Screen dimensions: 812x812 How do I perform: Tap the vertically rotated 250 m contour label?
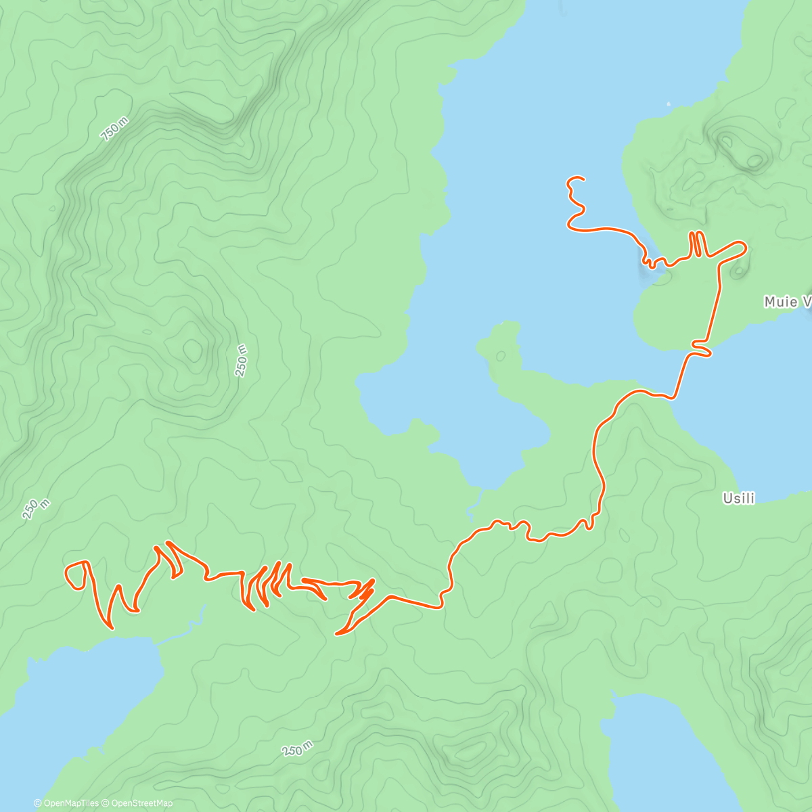[242, 360]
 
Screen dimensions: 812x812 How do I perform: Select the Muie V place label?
[787, 302]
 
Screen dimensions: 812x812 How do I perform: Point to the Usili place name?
[738, 498]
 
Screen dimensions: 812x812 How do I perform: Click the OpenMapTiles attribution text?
[66, 803]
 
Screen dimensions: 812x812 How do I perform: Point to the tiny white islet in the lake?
[668, 104]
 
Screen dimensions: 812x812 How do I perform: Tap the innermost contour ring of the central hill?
[193, 349]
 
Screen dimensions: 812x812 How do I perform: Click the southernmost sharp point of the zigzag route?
[338, 634]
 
